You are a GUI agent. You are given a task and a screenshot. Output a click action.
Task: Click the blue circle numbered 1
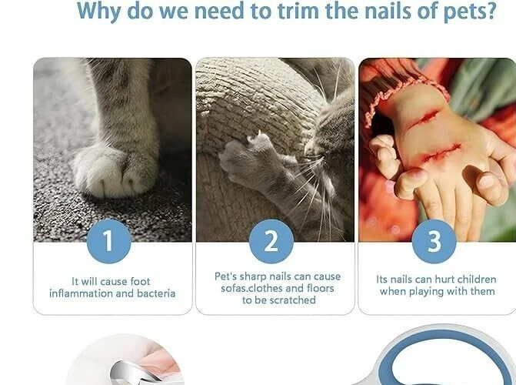tap(108, 240)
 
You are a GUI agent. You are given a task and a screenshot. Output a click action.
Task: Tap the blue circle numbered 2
tap(271, 240)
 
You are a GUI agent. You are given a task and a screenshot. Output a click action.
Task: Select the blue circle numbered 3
tap(434, 240)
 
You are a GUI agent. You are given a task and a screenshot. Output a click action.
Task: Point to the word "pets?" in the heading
tap(466, 12)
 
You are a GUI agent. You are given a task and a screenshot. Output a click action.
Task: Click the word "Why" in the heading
tap(102, 12)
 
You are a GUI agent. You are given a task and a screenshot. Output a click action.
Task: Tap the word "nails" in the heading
tap(367, 12)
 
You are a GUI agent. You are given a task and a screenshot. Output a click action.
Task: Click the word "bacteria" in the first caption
tap(155, 293)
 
